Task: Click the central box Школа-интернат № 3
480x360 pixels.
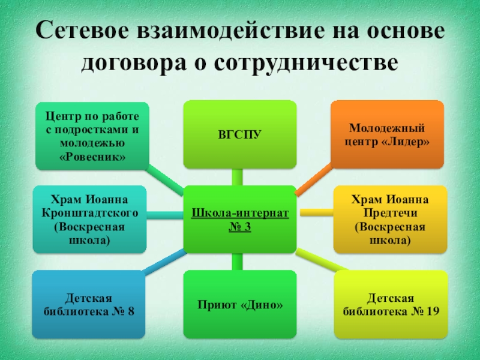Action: pos(239,219)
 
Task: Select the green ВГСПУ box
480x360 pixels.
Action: pos(239,134)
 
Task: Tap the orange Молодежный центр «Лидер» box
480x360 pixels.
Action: pos(388,134)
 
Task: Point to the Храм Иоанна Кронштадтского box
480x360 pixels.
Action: pos(89,219)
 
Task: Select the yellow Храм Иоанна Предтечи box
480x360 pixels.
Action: pos(391,219)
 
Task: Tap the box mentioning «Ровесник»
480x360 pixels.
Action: pos(92,134)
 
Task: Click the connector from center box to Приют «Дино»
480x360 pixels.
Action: pos(238,262)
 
